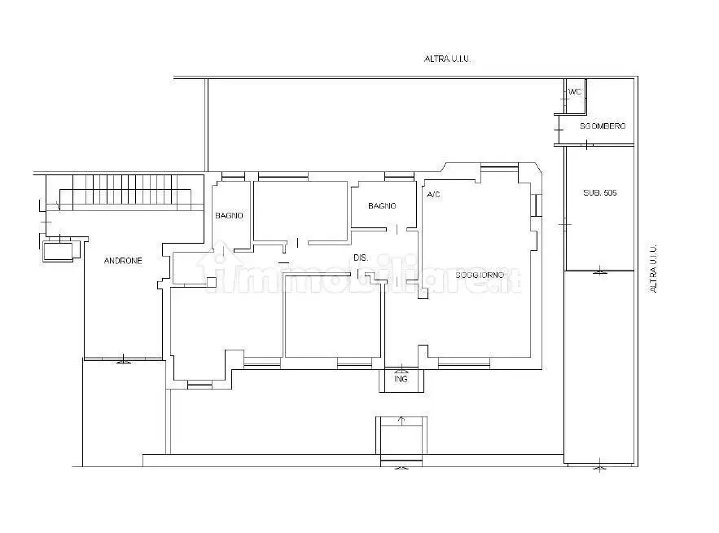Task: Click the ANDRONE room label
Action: (123, 261)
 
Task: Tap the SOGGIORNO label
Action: (480, 275)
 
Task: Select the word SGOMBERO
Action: (603, 126)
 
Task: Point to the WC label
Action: (575, 92)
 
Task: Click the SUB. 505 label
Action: (600, 193)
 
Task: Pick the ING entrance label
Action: (401, 379)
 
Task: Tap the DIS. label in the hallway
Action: (361, 258)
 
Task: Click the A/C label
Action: (433, 195)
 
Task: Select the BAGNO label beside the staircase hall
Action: (229, 215)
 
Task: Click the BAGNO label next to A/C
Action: (382, 206)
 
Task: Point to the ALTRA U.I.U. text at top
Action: (447, 59)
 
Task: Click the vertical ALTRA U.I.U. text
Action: (653, 268)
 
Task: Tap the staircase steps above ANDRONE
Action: (125, 192)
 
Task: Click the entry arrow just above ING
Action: (402, 368)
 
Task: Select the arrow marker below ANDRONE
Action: (123, 359)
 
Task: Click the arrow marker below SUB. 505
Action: (600, 271)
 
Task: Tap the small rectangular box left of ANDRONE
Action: (58, 252)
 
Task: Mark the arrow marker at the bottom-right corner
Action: (600, 465)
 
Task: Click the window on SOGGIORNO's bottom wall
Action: (464, 364)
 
